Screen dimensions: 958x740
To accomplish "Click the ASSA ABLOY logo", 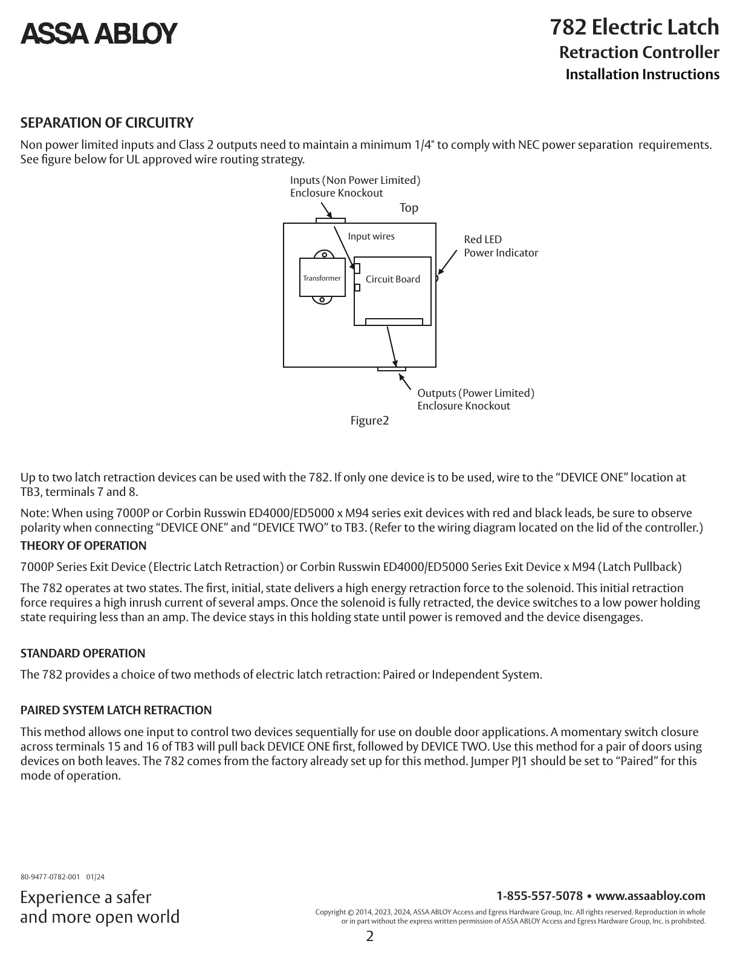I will [99, 33].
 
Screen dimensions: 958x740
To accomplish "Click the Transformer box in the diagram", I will [322, 278].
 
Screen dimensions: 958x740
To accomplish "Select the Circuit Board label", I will [393, 279].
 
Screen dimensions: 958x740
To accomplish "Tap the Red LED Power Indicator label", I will [501, 246].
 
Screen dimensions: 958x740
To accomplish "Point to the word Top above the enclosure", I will [409, 208].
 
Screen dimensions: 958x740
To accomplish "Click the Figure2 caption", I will [369, 420].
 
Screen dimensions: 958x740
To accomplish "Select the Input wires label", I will [371, 236].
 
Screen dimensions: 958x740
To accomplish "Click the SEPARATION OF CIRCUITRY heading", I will [107, 123].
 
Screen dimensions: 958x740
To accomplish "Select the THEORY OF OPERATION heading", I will [83, 546].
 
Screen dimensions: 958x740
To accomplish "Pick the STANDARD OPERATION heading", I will [83, 654].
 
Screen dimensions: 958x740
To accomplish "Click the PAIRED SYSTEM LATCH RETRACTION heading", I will [116, 711].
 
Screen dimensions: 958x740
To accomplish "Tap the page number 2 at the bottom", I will [370, 937].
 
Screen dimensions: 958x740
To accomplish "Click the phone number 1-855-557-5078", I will [539, 896].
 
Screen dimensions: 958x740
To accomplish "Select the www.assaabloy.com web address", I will [651, 896].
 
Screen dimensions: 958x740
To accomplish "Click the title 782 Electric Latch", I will [634, 28].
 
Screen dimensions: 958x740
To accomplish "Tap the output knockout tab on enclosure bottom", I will [391, 369].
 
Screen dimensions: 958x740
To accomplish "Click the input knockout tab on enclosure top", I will [331, 221].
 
